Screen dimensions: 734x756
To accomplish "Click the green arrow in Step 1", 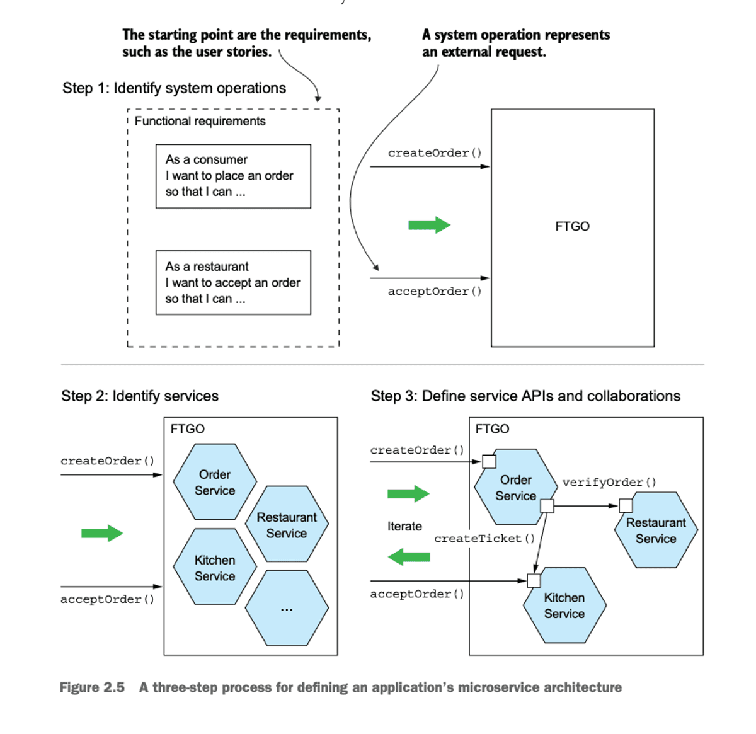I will tap(429, 225).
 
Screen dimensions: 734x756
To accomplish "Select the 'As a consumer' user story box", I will tap(233, 176).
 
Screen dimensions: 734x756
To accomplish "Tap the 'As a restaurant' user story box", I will tap(233, 282).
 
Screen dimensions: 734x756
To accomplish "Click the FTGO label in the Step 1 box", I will tap(572, 226).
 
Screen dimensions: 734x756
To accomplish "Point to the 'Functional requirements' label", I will tap(200, 121).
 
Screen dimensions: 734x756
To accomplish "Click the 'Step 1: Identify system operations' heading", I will tap(174, 88).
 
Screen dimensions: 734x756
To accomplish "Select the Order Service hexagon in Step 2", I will tap(215, 482).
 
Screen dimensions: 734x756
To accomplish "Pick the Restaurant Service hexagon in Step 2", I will tap(287, 525).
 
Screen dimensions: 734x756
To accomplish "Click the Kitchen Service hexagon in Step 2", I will tap(215, 568).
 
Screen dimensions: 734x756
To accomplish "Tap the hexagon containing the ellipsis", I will tap(287, 609).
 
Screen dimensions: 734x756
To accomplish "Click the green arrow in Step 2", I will tap(102, 533).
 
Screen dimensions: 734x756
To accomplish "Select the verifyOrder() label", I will tap(609, 483).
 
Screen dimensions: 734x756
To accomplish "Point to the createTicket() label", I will tap(484, 539).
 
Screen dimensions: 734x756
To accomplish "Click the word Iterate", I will tap(404, 526).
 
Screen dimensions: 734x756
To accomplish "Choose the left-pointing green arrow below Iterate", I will tap(409, 557).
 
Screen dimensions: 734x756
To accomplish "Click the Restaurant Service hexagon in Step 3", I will tap(656, 531).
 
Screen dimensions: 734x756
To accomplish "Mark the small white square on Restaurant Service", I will tap(626, 505).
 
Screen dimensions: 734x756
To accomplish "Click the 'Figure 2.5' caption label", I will tap(92, 687).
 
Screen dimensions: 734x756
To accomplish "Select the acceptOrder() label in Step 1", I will tap(435, 291).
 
